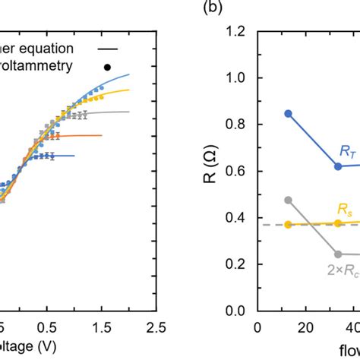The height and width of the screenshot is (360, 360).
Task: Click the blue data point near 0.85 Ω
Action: click(x=288, y=113)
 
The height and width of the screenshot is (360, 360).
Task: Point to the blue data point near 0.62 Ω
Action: click(x=338, y=166)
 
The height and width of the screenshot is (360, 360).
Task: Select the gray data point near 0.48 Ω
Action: click(x=288, y=200)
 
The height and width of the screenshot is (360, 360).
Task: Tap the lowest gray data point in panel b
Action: click(x=338, y=254)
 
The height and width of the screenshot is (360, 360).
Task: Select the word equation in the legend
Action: click(x=60, y=47)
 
